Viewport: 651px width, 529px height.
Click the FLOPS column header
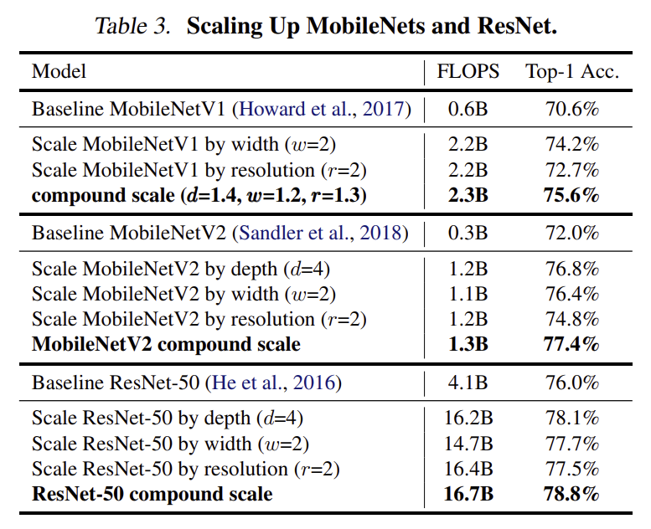click(x=468, y=71)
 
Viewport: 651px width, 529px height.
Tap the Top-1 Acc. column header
click(x=572, y=71)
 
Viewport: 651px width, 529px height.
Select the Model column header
click(x=59, y=71)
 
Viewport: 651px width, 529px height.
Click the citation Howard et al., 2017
click(x=322, y=109)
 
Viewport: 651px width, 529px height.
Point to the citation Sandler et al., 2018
click(x=321, y=233)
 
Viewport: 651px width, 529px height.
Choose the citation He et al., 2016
click(x=273, y=383)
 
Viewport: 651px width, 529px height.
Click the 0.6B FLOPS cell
click(x=468, y=109)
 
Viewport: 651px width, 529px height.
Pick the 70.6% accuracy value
click(x=572, y=109)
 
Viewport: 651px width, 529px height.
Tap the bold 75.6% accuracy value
click(x=571, y=195)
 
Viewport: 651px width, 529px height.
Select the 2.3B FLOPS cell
click(x=468, y=195)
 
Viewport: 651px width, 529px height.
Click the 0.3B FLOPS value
click(x=468, y=233)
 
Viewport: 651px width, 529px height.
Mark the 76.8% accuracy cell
click(x=572, y=269)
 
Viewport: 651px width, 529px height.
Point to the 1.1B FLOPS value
click(x=468, y=294)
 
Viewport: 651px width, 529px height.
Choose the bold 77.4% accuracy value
click(x=571, y=344)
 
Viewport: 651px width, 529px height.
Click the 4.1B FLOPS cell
click(x=468, y=383)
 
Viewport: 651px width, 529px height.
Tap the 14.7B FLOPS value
click(x=468, y=444)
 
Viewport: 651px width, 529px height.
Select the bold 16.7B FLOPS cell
click(x=468, y=494)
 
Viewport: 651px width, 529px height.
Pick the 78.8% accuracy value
click(x=571, y=494)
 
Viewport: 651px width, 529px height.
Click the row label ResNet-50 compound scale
click(x=152, y=494)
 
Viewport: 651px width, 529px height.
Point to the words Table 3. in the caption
click(x=133, y=26)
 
